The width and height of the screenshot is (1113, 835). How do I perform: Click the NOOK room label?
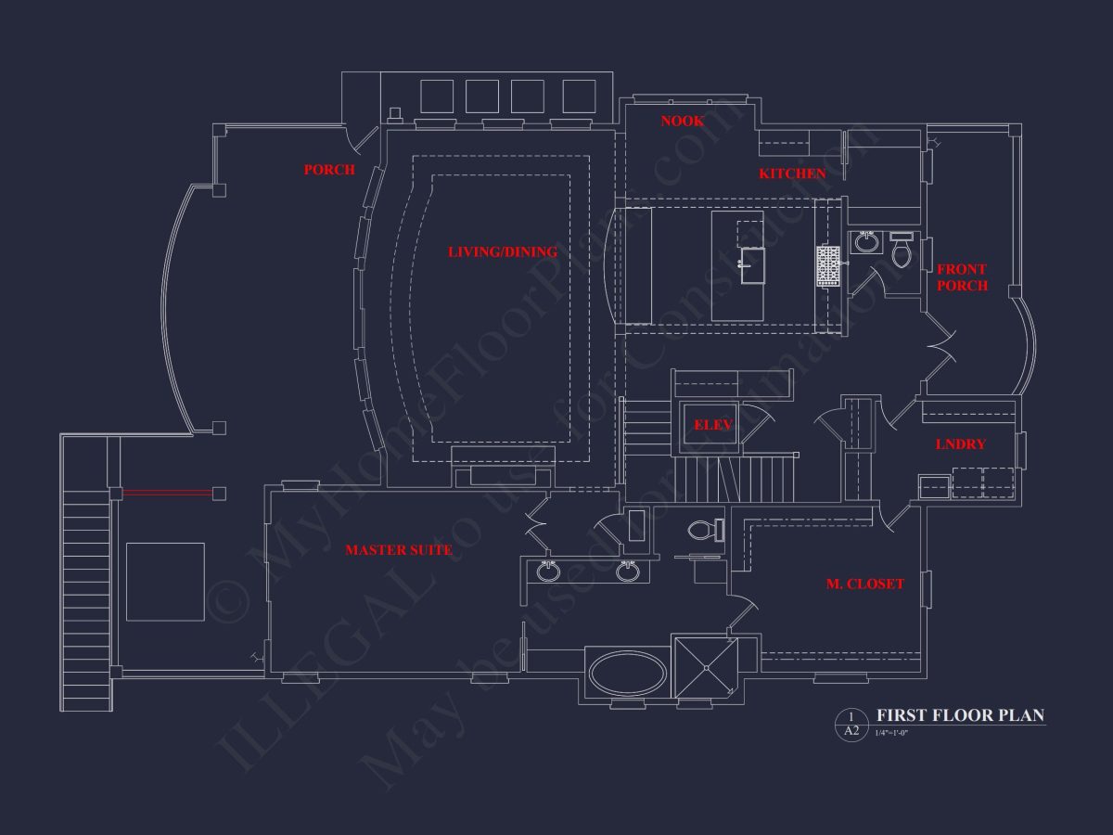682,121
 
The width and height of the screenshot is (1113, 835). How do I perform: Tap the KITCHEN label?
792,173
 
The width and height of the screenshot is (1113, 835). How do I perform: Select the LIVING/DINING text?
503,251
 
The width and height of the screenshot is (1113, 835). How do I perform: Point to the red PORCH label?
329,170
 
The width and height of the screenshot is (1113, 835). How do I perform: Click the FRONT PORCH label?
962,277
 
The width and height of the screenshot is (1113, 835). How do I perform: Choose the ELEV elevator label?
713,425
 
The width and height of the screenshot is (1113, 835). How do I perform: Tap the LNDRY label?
960,444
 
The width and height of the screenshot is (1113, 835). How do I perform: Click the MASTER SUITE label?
399,550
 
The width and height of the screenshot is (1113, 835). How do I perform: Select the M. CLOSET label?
864,584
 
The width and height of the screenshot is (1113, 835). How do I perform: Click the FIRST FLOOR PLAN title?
960,715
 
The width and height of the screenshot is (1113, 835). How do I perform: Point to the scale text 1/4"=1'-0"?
891,734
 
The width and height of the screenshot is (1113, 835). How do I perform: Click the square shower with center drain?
705,667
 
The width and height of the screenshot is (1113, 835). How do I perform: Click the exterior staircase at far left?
86,594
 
